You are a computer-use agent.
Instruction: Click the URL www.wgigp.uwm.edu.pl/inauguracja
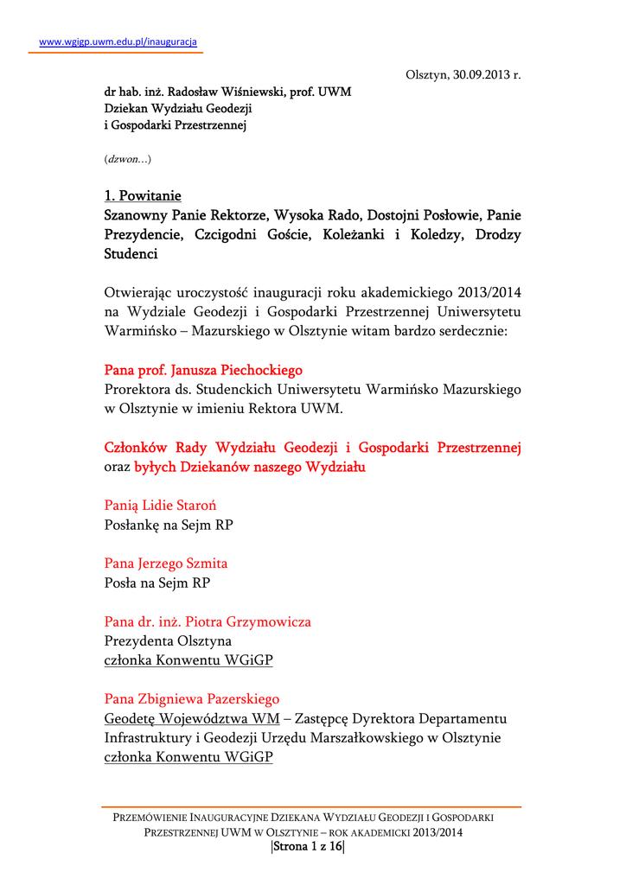(x=119, y=41)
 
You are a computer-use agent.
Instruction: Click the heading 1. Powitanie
(x=143, y=196)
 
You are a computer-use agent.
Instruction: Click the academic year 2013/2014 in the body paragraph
(x=488, y=293)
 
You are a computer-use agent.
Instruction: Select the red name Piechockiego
(x=259, y=370)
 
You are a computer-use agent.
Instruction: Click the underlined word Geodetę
(x=131, y=718)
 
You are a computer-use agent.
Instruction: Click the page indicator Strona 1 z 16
(x=308, y=847)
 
